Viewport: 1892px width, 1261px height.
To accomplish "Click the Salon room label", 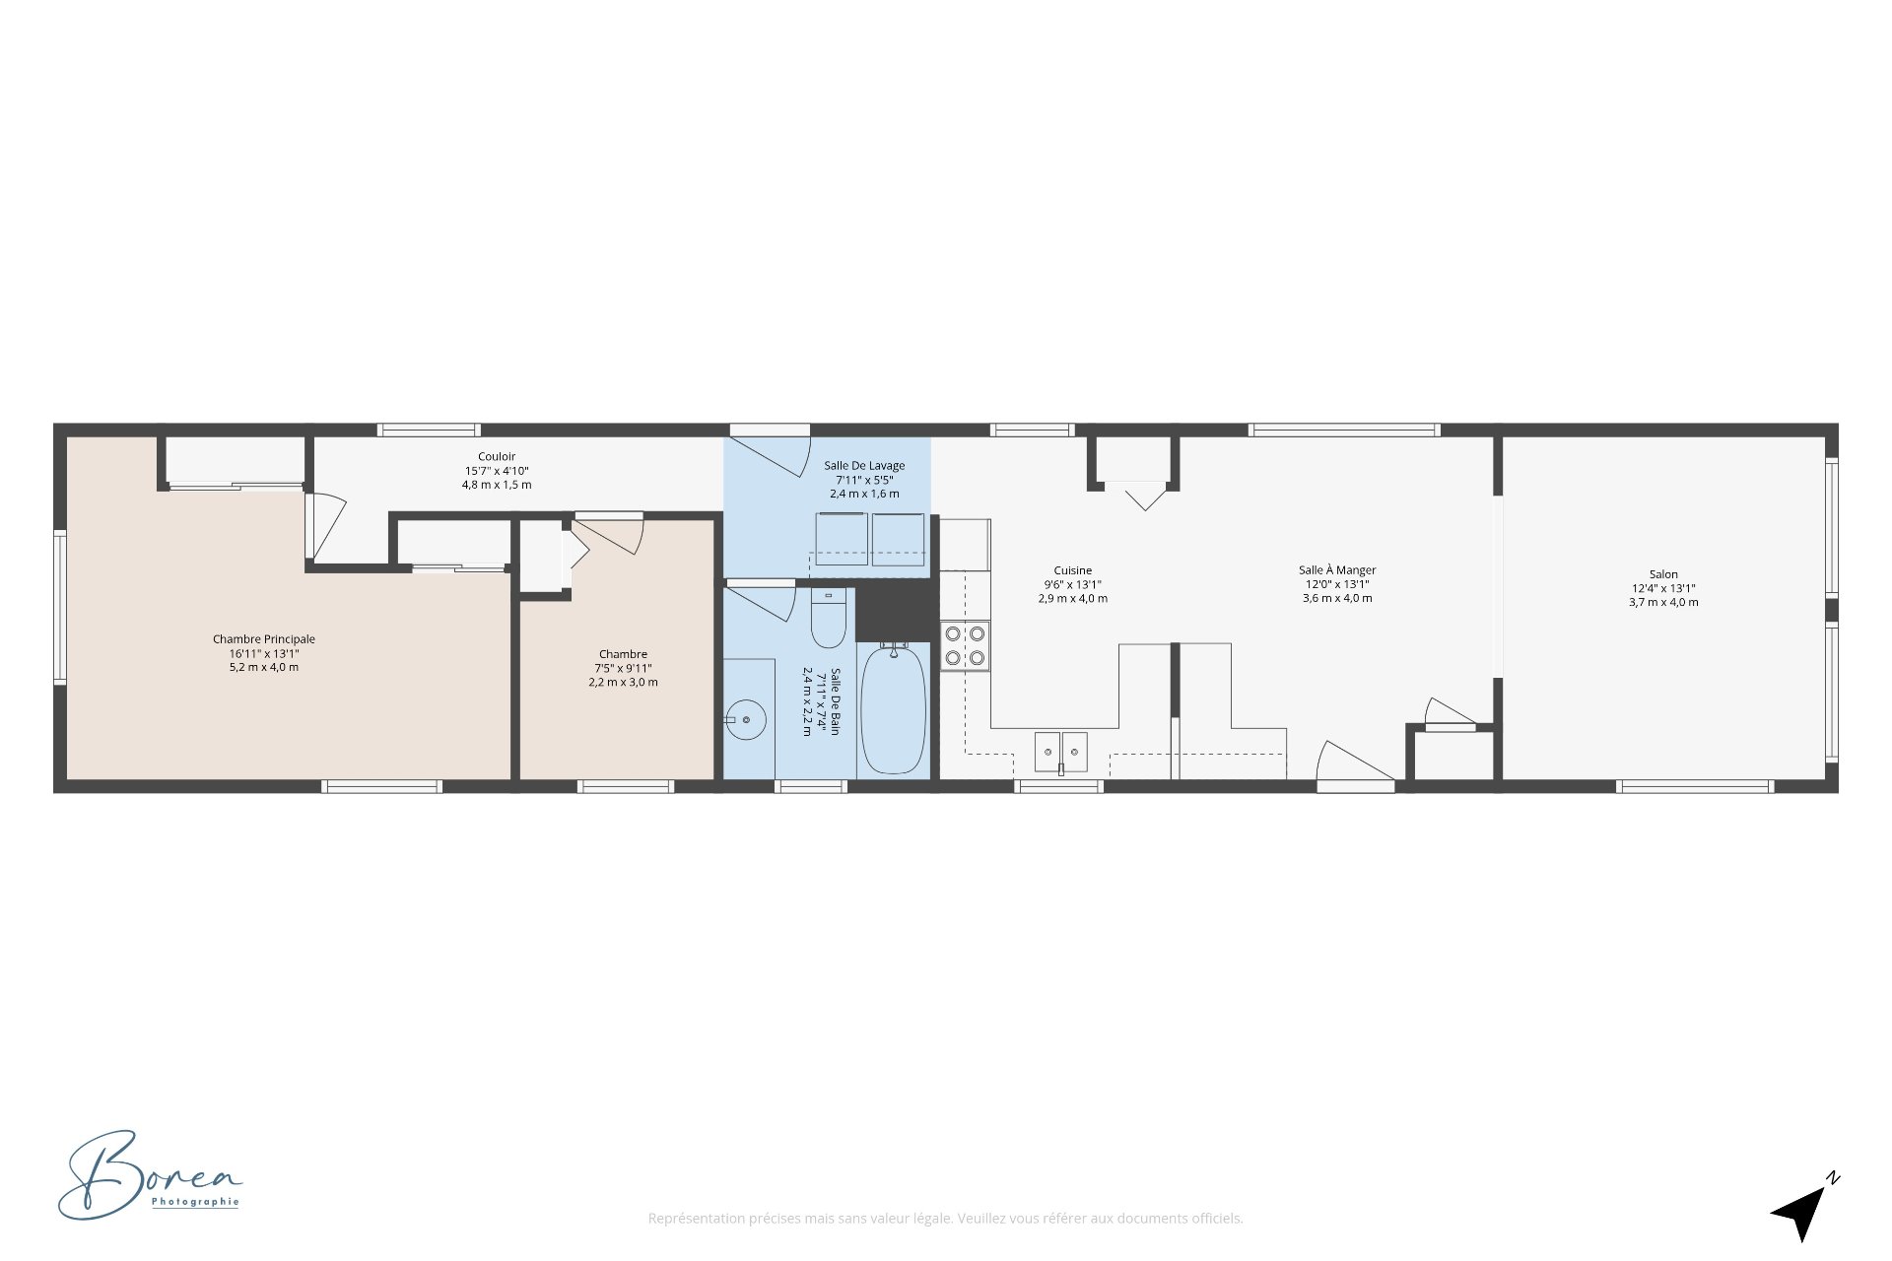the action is [x=1663, y=574].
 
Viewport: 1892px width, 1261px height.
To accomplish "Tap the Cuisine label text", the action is [x=1072, y=570].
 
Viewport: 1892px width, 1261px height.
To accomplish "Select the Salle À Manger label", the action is [x=1337, y=570].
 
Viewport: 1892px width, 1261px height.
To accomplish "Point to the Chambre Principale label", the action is [x=264, y=639].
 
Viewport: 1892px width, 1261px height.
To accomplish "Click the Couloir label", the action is [x=497, y=456].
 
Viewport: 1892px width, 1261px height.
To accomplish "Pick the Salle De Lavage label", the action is [x=864, y=466].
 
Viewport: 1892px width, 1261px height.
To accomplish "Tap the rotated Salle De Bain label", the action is [x=835, y=701].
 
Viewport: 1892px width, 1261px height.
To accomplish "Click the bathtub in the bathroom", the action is [x=894, y=708].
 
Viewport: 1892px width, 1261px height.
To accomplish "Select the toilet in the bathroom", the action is [x=829, y=618].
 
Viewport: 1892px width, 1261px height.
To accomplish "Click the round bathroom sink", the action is [x=746, y=719].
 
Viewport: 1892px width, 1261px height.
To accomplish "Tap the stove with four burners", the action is [x=965, y=645].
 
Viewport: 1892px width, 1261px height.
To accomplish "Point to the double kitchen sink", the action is [x=1060, y=753].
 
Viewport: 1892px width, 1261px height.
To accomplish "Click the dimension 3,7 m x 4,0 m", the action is [x=1663, y=602].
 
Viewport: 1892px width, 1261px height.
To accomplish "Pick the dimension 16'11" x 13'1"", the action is [x=264, y=653].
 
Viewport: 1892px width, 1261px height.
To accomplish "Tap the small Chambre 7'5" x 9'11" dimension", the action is [x=623, y=668].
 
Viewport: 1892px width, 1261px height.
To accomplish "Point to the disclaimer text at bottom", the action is [x=945, y=1219].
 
